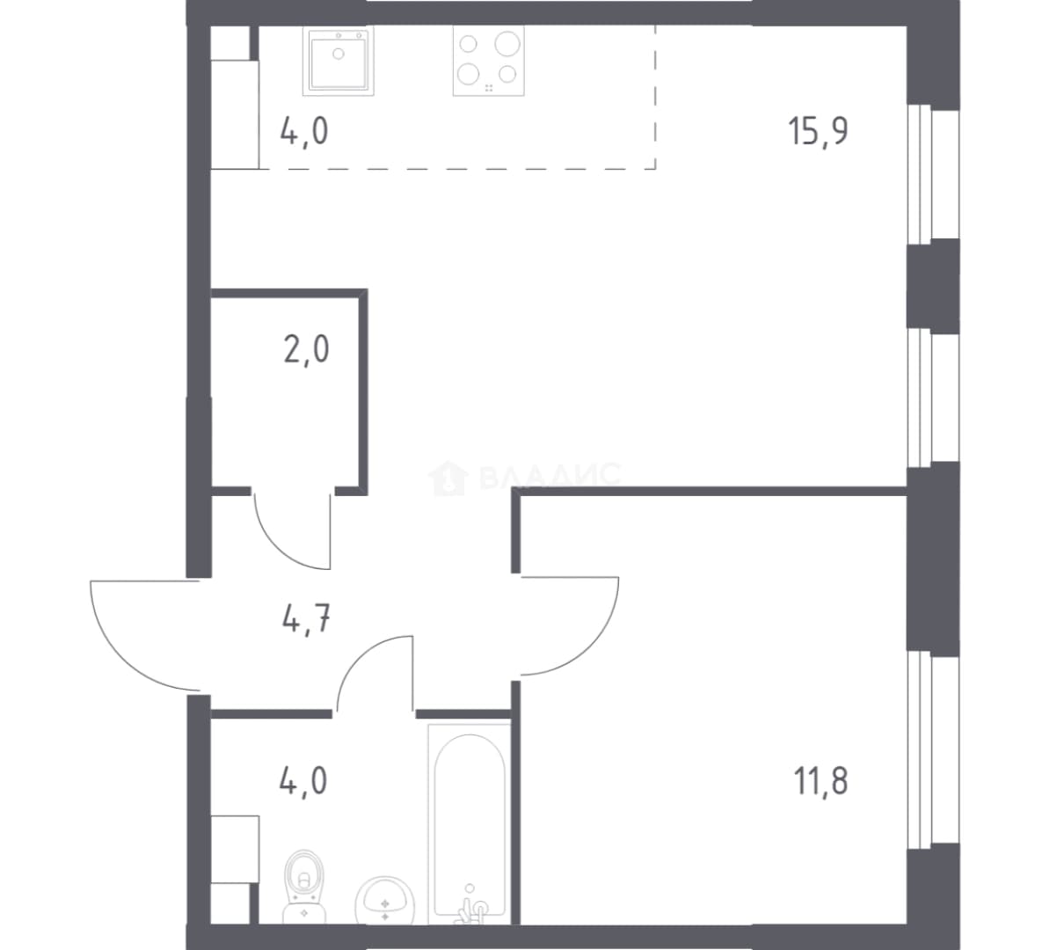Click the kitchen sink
pos(339,61)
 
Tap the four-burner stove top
pos(489,61)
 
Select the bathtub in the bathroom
pos(470,823)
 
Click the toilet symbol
pos(304,886)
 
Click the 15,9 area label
pos(819,131)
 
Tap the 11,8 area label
pos(820,781)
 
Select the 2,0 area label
pos(306,349)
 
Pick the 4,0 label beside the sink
pos(304,131)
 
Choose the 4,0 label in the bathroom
pos(304,781)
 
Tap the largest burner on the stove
pos(507,44)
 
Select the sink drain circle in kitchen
pos(339,53)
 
